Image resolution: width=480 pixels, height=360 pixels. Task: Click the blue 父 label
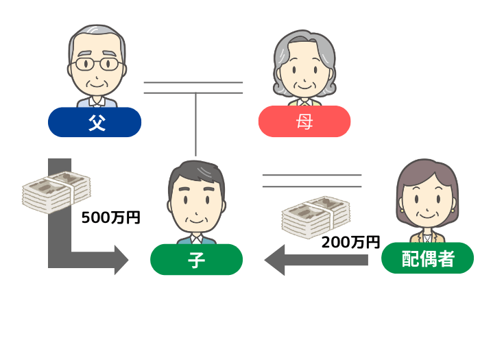[95, 122]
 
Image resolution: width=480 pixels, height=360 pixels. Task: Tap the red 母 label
[304, 122]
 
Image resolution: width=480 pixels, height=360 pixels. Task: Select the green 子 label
[196, 260]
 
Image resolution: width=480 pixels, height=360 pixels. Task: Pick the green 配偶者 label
[427, 260]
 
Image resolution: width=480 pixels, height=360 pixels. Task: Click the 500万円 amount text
[110, 218]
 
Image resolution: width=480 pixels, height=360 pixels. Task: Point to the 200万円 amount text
[350, 241]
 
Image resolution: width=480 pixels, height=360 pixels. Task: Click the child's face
[197, 206]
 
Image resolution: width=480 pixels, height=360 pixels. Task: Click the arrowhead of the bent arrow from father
[121, 261]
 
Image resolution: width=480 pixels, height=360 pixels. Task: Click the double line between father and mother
[193, 87]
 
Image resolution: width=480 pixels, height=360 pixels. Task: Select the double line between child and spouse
[312, 180]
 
